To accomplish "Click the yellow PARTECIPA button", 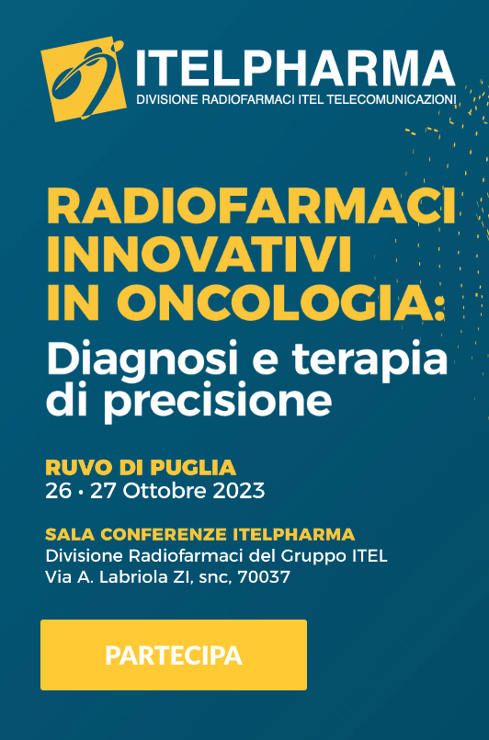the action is [x=174, y=655].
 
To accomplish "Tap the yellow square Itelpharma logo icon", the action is [x=84, y=79].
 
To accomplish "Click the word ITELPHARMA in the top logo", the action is [x=296, y=67].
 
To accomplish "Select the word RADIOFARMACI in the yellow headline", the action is [x=251, y=207].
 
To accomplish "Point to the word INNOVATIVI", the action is [x=199, y=256].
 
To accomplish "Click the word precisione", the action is [x=217, y=402].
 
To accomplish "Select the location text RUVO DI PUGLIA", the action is [x=141, y=468].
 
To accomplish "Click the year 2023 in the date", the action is [x=238, y=491].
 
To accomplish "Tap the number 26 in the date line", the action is [x=59, y=491].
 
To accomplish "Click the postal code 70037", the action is [x=264, y=577].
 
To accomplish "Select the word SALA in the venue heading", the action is [x=71, y=535].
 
